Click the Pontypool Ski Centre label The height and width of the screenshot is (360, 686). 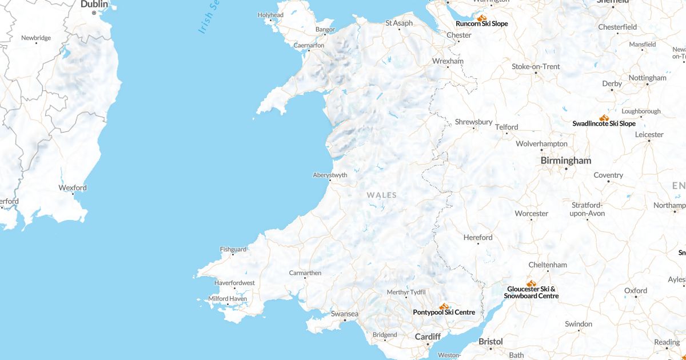tap(444, 313)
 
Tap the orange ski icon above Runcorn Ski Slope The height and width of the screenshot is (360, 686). tap(481, 18)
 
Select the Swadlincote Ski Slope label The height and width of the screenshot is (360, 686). tap(604, 123)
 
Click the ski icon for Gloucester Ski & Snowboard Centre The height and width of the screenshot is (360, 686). tap(531, 283)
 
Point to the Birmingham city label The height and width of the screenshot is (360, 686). tap(565, 161)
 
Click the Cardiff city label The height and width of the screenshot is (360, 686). tap(428, 337)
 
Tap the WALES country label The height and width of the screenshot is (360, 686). tap(381, 195)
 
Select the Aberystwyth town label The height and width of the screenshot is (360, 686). tap(330, 175)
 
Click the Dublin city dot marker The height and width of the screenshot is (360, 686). tap(94, 13)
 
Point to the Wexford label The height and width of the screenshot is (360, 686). tap(73, 187)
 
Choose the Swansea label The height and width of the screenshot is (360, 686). tap(345, 314)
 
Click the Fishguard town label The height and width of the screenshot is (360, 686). tap(233, 249)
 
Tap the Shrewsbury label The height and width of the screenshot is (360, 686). tap(473, 122)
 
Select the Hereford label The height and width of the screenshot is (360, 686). tap(477, 237)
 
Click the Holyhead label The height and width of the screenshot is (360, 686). tap(270, 15)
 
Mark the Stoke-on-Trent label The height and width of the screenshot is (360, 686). tap(535, 66)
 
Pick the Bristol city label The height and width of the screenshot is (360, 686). tap(490, 341)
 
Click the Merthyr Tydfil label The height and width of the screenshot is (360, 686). tap(406, 292)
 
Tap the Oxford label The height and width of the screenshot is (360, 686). tap(635, 290)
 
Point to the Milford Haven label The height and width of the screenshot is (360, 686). tap(227, 298)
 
